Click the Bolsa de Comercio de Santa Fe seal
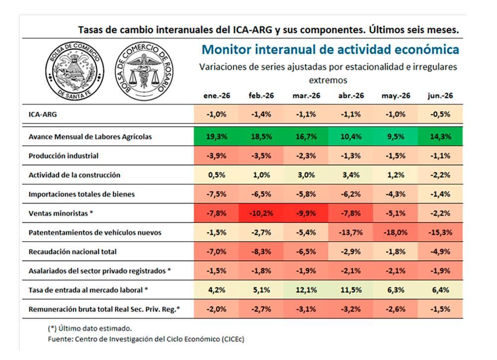coord(75,72)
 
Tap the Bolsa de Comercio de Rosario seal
coord(145,72)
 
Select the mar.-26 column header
coord(306,96)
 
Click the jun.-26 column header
coord(440,96)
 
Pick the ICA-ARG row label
coord(42,114)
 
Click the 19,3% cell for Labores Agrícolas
coord(217,137)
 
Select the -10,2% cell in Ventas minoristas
coord(261,214)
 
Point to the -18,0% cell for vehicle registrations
coord(396,232)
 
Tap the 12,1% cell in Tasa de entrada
coord(306,290)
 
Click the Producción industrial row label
coord(64,156)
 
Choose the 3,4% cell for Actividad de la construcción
coord(351,175)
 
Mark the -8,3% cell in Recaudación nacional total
coord(261,252)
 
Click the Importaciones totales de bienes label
coord(82,194)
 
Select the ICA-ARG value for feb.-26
coord(261,114)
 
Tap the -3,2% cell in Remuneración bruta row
coord(351,309)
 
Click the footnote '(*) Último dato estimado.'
coord(89,328)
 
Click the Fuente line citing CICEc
coord(146,339)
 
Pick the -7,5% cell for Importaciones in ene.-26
coord(217,194)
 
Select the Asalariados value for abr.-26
coord(351,271)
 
